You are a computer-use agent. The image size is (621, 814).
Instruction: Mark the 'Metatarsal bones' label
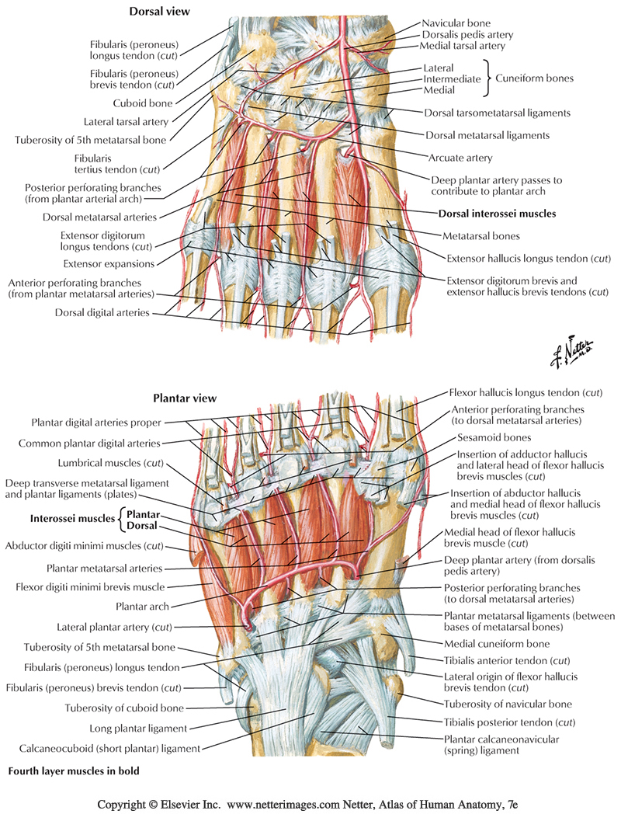click(x=481, y=235)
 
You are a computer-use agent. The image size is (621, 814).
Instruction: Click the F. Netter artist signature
click(x=573, y=353)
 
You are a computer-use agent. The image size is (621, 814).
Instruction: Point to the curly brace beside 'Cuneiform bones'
click(x=490, y=78)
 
